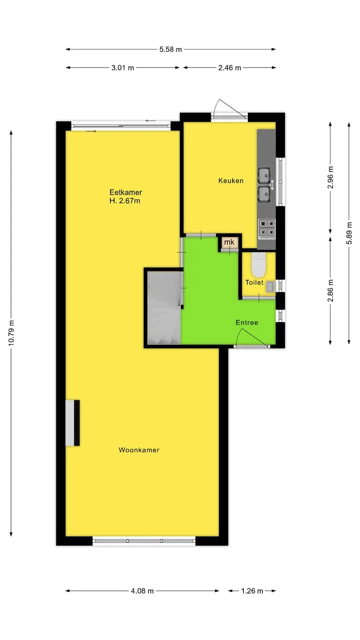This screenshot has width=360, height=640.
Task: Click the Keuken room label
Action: tap(231, 180)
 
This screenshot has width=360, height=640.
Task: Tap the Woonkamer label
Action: tap(139, 450)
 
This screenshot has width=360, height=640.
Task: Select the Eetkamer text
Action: tap(125, 192)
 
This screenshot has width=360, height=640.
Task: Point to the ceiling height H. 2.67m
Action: tap(125, 201)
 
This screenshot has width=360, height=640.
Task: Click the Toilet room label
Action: tap(254, 282)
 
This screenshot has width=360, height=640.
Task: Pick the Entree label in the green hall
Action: tap(247, 322)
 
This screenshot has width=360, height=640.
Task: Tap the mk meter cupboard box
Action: tap(229, 242)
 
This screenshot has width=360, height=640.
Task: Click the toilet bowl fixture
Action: tap(258, 265)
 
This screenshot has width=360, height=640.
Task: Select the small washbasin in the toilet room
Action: tap(270, 287)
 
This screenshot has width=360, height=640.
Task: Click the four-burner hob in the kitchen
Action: tap(267, 229)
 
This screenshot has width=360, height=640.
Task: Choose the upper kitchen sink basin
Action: tap(264, 175)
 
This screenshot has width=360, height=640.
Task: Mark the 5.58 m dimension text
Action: tap(170, 49)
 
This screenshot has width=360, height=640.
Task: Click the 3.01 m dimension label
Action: tap(122, 67)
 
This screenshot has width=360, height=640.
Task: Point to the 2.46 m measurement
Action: tap(229, 67)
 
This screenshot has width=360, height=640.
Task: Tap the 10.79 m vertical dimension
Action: tap(11, 333)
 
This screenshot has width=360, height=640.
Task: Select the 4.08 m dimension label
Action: tap(142, 591)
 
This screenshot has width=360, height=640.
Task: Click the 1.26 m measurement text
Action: tap(252, 591)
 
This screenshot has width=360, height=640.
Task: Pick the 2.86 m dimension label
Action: tap(330, 290)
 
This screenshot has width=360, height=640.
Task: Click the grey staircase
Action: tap(164, 307)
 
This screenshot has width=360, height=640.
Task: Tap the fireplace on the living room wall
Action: tap(72, 423)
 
